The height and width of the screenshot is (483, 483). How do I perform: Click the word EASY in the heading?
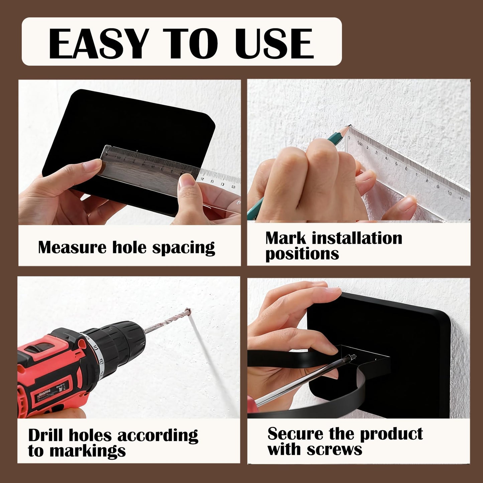[x=97, y=43]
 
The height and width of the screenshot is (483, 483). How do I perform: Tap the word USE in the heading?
[x=274, y=43]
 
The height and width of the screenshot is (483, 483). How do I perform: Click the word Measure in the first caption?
[x=72, y=247]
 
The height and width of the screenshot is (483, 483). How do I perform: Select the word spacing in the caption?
[x=184, y=248]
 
